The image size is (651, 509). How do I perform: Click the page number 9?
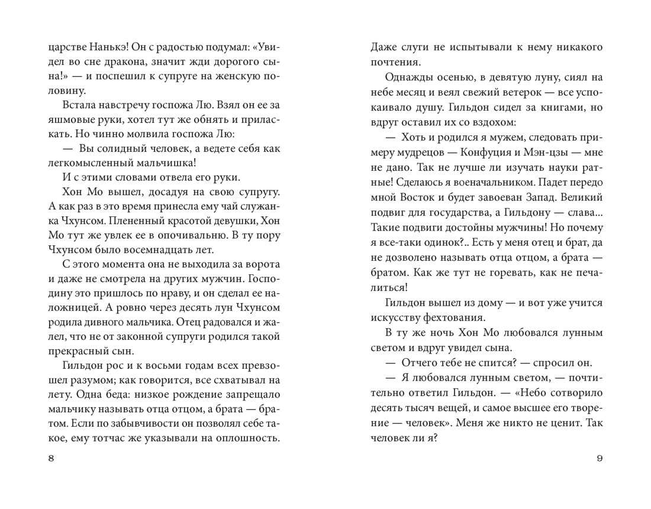(600, 460)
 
